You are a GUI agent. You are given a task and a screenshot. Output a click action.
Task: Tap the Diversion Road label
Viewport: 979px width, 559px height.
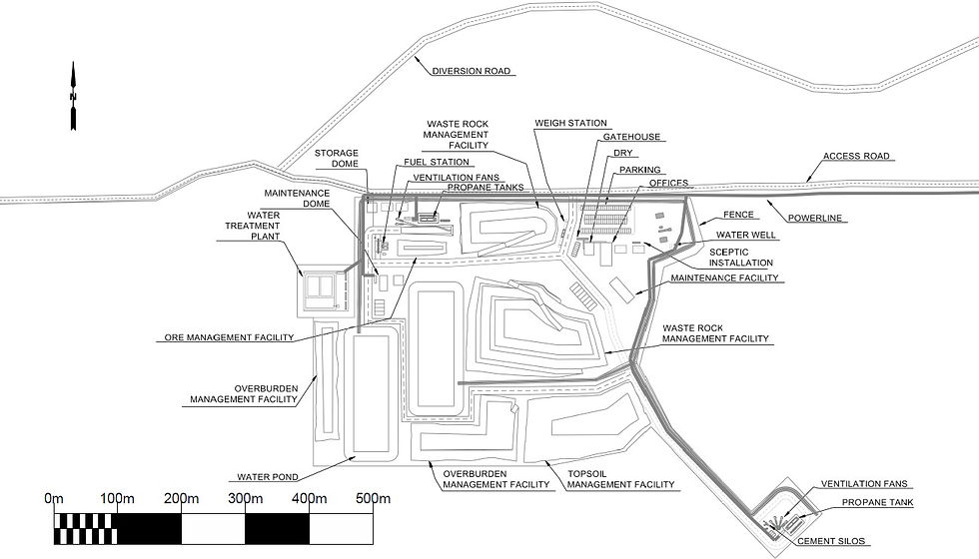tap(472, 71)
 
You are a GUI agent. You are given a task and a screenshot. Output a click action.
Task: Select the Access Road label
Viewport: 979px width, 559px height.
tap(856, 157)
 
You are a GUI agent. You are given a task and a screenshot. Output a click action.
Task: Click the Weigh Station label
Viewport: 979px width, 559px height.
tap(570, 123)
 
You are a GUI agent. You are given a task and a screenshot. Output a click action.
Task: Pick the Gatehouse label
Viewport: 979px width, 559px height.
tap(632, 137)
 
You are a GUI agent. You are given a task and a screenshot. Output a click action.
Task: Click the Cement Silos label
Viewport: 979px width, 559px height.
tap(831, 541)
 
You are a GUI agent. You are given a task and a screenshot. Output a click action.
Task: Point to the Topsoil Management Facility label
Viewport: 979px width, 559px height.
tap(620, 477)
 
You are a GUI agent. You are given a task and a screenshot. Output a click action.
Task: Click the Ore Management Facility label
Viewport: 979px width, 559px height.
tap(224, 337)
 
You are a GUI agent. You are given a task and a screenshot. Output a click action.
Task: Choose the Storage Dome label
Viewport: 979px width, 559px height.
tap(337, 160)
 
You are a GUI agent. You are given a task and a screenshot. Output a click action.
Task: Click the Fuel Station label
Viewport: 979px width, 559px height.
tap(438, 162)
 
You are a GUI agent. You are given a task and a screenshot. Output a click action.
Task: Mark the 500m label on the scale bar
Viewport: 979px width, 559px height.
tap(373, 498)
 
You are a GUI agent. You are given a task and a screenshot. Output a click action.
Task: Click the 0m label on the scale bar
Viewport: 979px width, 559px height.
tap(54, 498)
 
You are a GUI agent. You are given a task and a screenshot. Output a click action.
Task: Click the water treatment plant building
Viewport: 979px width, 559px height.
tap(322, 288)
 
